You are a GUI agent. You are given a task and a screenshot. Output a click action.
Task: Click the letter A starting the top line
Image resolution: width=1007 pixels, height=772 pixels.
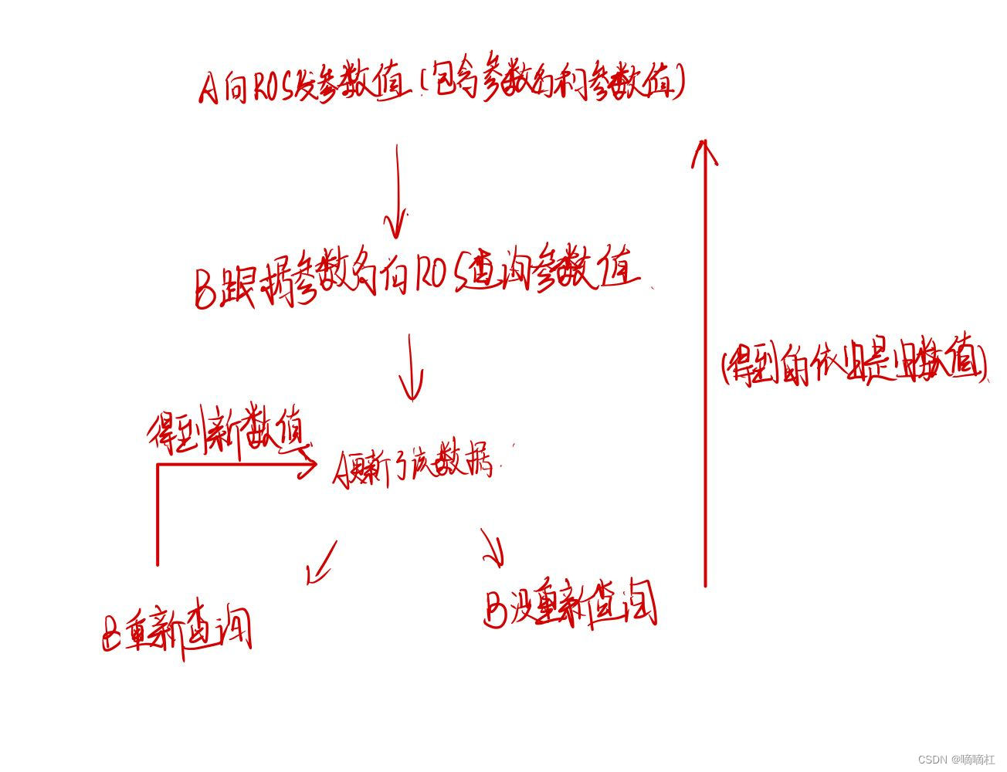coord(209,86)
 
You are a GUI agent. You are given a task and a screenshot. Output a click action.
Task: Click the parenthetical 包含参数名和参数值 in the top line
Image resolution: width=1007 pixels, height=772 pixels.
coord(553,82)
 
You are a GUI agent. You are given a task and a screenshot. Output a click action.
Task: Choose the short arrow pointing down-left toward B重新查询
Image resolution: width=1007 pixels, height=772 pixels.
coord(321,562)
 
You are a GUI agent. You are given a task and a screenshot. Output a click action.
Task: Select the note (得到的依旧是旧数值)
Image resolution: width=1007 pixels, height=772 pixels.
coord(853,363)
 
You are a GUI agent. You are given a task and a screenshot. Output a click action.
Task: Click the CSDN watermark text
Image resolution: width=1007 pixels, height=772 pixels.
coord(956,759)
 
